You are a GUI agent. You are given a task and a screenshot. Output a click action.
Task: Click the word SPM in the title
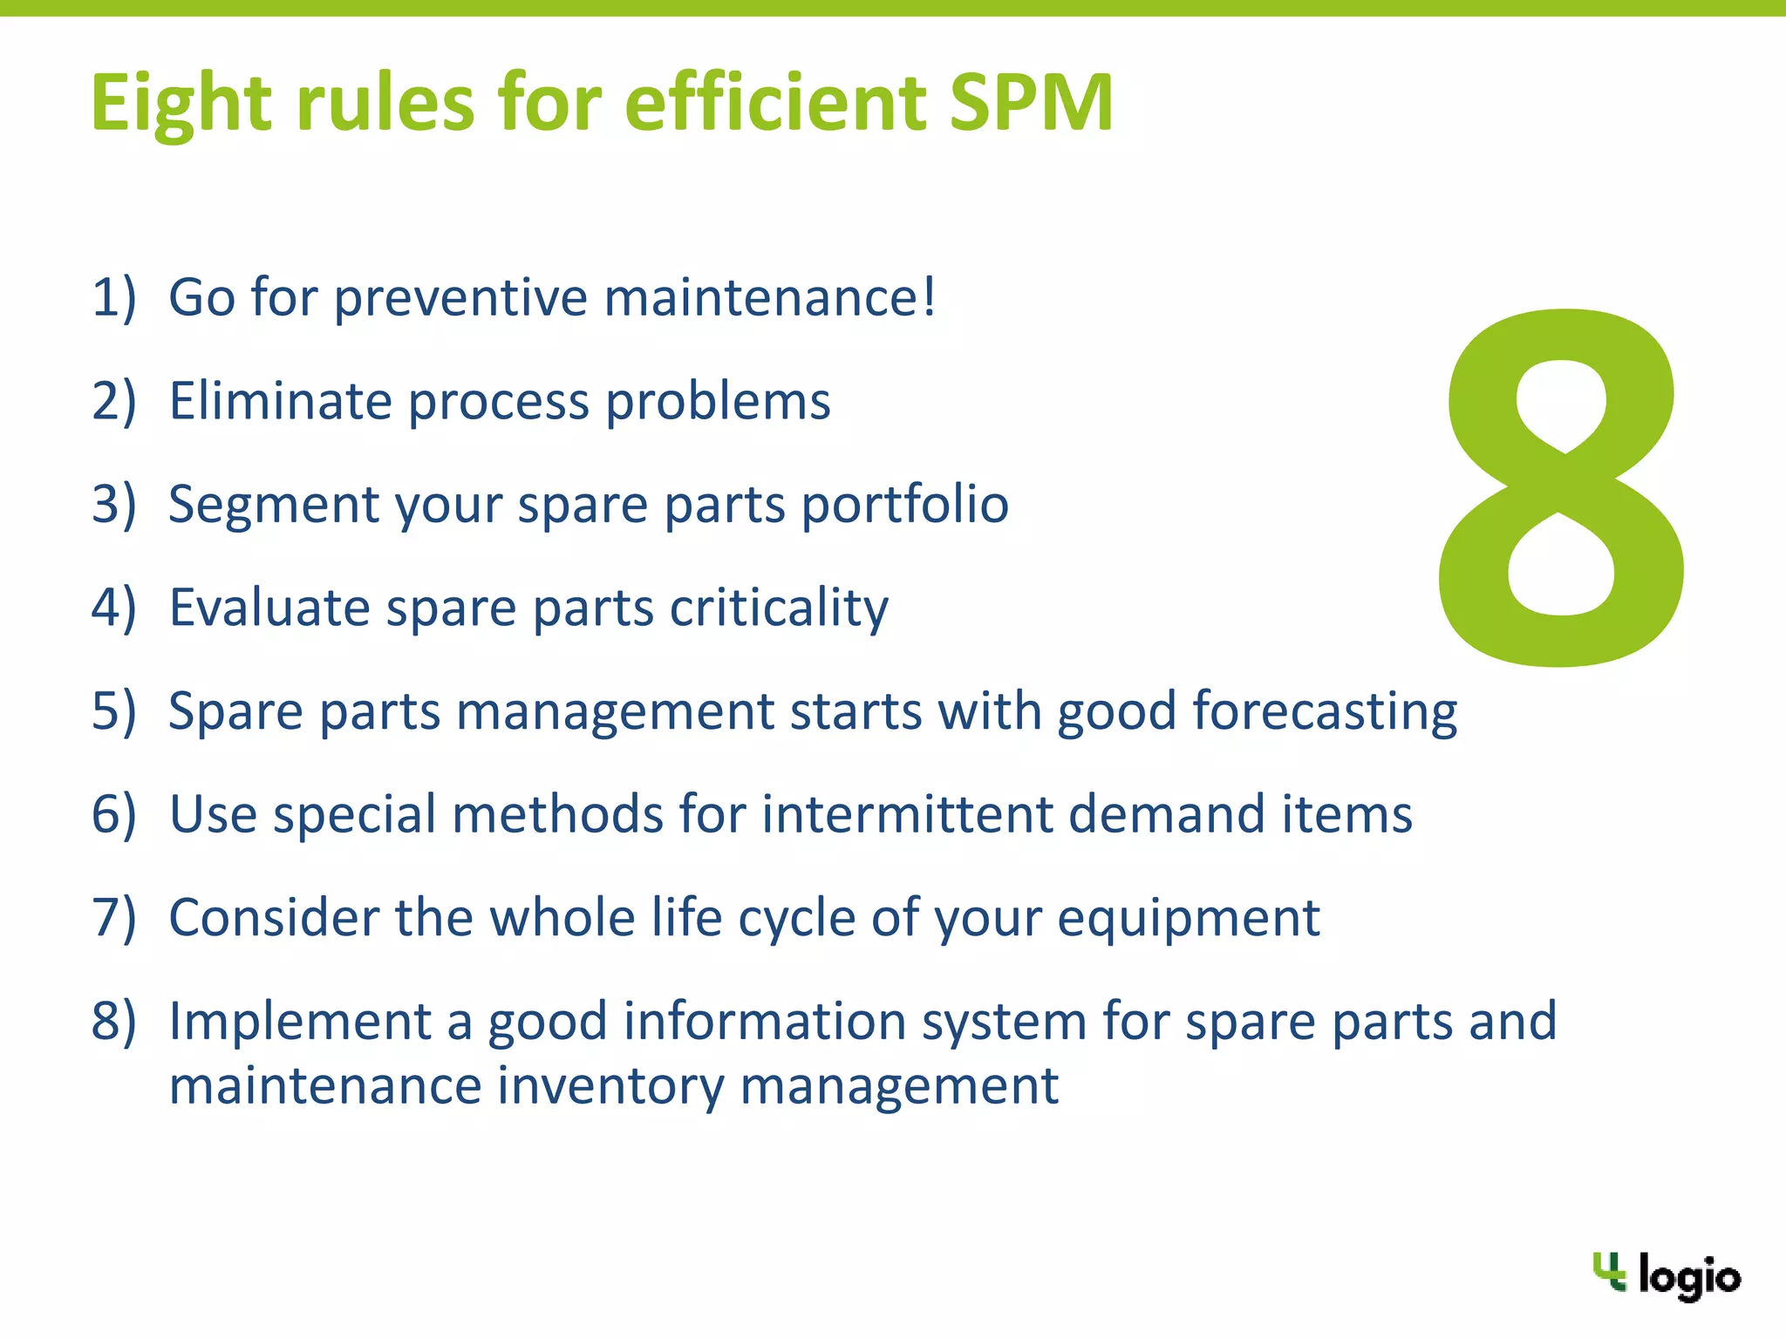(x=1031, y=102)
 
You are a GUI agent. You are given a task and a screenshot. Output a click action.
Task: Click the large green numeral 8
(x=1561, y=488)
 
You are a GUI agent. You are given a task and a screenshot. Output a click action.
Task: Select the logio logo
(x=1667, y=1275)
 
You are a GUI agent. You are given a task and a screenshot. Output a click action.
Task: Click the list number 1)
(x=114, y=297)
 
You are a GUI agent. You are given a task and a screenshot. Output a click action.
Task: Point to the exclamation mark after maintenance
(x=929, y=297)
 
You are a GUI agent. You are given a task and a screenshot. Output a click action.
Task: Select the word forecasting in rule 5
(x=1325, y=711)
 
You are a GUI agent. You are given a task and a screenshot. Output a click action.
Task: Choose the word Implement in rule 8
(x=300, y=1022)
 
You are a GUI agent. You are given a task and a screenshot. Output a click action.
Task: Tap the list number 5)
(x=114, y=711)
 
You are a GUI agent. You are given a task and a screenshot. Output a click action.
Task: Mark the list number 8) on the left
(x=114, y=1022)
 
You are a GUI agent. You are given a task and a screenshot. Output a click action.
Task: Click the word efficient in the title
(x=775, y=102)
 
